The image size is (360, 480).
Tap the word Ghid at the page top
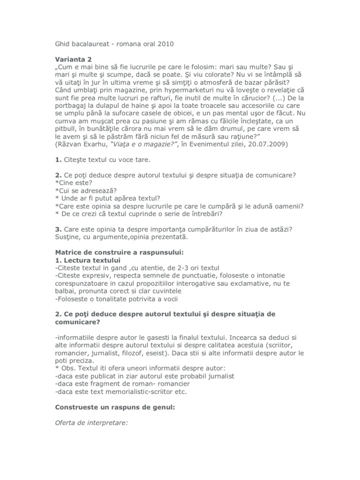63,45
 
